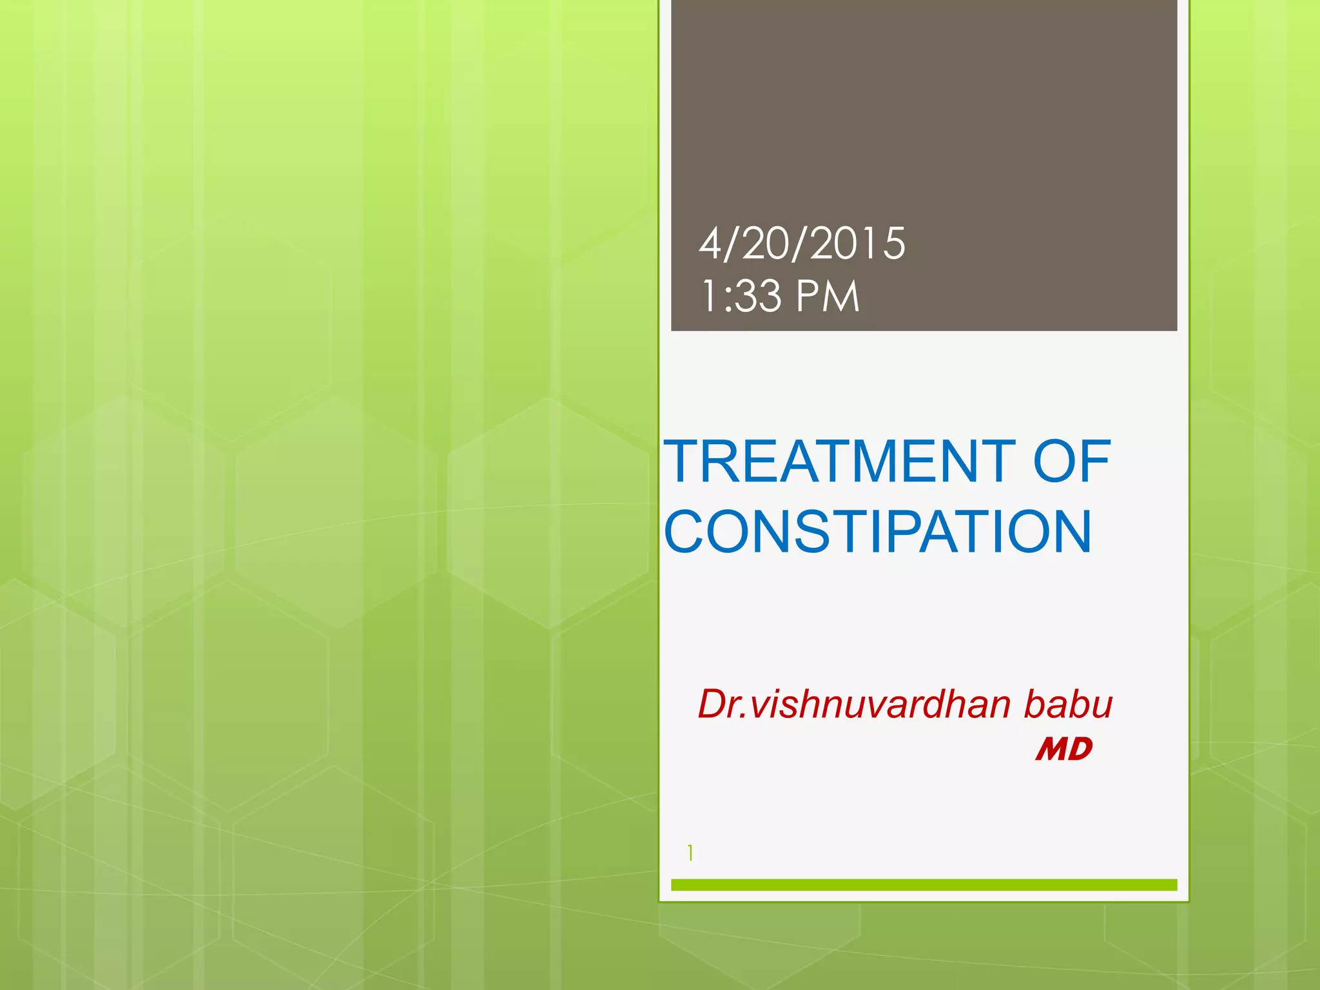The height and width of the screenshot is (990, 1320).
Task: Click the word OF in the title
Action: point(1072,461)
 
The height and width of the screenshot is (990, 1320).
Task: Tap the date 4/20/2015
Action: point(802,244)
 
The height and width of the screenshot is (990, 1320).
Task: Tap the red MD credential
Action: point(1063,750)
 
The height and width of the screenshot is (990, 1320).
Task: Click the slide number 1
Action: point(690,853)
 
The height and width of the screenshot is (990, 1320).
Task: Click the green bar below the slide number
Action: point(924,885)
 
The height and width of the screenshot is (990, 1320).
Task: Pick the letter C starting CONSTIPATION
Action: point(688,532)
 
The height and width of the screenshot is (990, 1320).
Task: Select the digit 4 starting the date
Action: point(710,244)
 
